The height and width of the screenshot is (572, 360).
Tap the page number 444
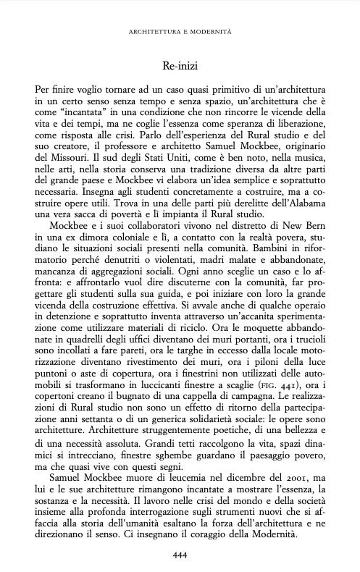pos(180,555)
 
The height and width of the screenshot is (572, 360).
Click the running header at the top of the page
pos(180,32)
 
